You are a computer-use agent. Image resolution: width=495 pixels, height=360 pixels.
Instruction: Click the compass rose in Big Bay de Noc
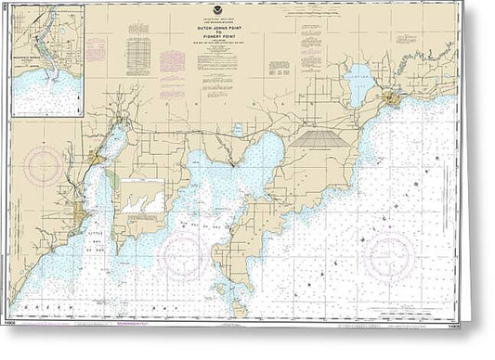pyautogui.click(x=182, y=252)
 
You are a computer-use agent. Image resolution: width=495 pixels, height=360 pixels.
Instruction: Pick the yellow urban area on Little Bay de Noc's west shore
pyautogui.click(x=95, y=162)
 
